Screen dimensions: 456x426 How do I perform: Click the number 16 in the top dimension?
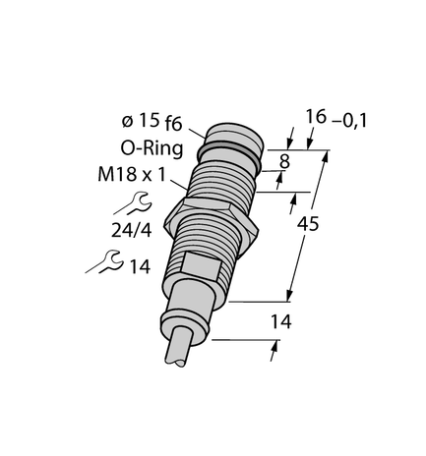click(315, 118)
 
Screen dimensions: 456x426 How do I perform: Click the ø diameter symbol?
click(127, 122)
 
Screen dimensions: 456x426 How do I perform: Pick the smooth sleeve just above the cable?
click(188, 313)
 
